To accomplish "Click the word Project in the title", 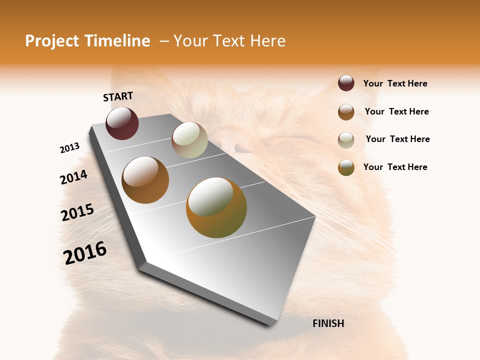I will (x=51, y=41).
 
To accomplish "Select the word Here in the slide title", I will (x=268, y=41).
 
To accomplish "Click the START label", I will (x=118, y=96).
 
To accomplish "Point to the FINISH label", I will (x=328, y=323).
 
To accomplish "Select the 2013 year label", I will (x=69, y=148).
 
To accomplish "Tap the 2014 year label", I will (x=73, y=177).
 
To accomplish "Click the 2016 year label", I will (x=85, y=253).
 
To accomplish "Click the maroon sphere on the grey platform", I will (x=122, y=123).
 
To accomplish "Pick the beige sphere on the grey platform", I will (x=189, y=140).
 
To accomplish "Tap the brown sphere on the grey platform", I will (x=145, y=180).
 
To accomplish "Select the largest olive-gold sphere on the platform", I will (x=216, y=207).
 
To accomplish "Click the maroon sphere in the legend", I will (x=346, y=83).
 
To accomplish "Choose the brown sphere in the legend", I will (x=346, y=111).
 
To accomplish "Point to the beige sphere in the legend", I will (x=346, y=139).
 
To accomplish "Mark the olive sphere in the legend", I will (x=346, y=167).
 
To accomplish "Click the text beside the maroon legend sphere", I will (x=395, y=83).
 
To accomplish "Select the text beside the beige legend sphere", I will (x=397, y=139).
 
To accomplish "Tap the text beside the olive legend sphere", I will (x=395, y=167).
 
